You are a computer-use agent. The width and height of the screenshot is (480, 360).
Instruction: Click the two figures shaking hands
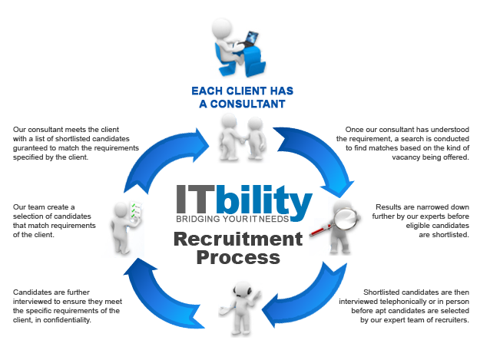click(239, 137)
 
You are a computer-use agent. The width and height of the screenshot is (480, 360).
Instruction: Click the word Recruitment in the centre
click(238, 239)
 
